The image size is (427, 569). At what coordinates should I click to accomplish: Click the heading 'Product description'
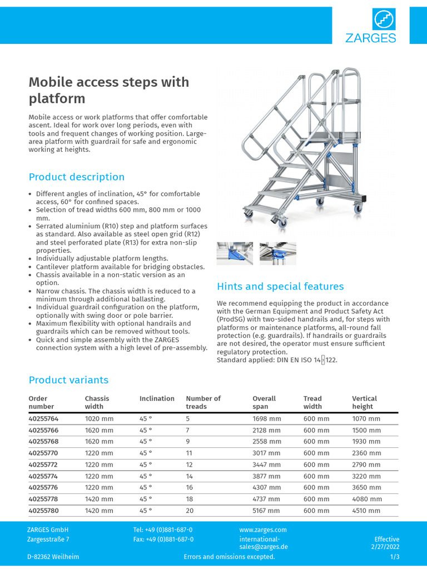(x=77, y=177)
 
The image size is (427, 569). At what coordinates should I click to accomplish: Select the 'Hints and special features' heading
(x=280, y=287)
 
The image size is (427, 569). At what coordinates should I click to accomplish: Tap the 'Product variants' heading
(x=68, y=380)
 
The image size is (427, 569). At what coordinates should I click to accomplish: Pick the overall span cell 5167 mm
(x=267, y=511)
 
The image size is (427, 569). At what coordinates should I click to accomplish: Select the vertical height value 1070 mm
(x=366, y=419)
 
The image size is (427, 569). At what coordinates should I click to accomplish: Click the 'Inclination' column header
(x=157, y=398)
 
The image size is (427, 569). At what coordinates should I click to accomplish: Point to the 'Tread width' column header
(x=312, y=402)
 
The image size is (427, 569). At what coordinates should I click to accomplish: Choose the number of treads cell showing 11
(x=189, y=453)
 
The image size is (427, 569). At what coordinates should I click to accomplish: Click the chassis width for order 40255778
(x=99, y=500)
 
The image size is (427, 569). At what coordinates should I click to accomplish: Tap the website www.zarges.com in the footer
(x=263, y=530)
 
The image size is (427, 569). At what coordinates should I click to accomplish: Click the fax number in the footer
(x=163, y=540)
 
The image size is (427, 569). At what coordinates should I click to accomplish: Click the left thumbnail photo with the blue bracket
(x=235, y=253)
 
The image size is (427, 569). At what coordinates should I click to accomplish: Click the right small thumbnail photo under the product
(x=277, y=253)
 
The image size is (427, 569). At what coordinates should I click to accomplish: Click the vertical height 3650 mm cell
(x=366, y=488)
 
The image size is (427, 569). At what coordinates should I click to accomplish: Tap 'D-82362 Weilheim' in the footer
(x=53, y=557)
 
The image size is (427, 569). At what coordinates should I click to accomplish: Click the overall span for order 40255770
(x=267, y=453)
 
